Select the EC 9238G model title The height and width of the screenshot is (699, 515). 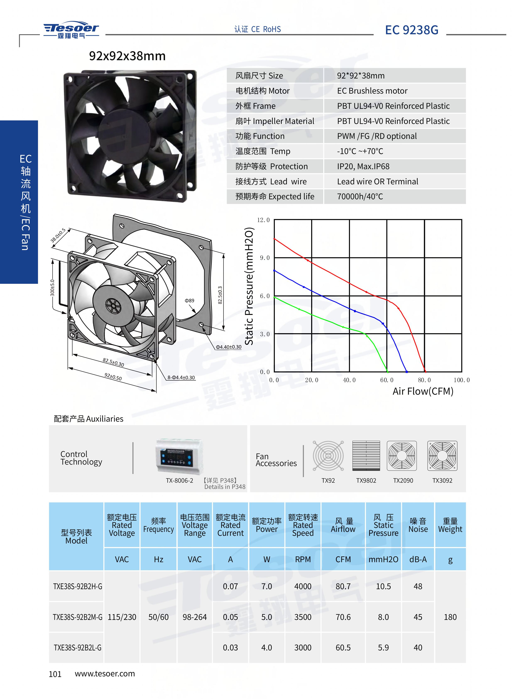pos(411,30)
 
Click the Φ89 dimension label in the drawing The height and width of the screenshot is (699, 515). pos(189,301)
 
